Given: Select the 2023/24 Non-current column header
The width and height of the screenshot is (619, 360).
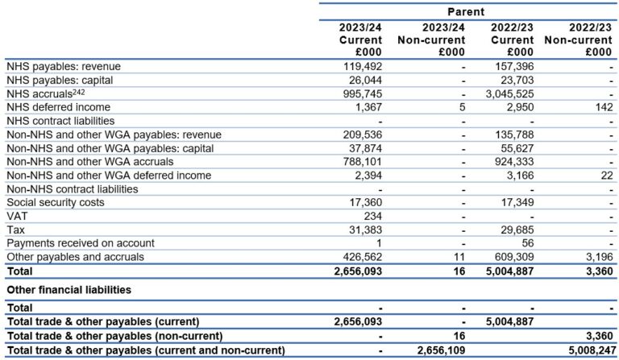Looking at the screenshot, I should (432, 40).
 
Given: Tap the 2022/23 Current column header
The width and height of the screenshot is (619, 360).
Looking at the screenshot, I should (512, 40).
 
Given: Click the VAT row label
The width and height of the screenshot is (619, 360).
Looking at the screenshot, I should (16, 216).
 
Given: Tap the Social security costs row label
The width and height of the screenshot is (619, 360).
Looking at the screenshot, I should (55, 202).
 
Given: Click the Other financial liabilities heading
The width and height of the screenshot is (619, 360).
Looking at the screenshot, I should (69, 289).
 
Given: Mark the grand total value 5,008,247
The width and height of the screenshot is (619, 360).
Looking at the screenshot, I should (586, 350).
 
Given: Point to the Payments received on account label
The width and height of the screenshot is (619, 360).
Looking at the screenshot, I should (80, 243).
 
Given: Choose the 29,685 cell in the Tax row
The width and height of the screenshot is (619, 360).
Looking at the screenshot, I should (513, 230).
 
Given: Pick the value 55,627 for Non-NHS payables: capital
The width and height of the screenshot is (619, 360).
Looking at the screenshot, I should (513, 148).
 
